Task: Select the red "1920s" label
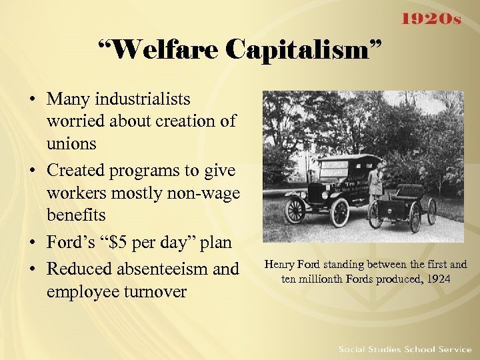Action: click(431, 18)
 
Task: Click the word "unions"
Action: click(71, 143)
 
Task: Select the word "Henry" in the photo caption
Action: click(280, 265)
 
